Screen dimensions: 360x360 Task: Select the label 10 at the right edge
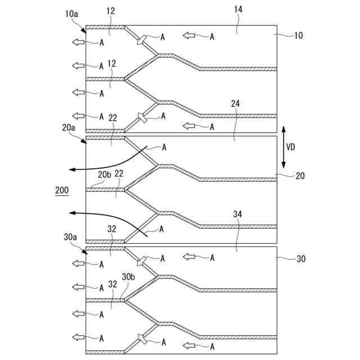[x=298, y=35]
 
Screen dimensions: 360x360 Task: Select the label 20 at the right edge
[x=300, y=176]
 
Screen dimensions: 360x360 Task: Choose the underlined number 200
[x=62, y=191]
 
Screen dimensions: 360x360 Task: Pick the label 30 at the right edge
[x=300, y=259]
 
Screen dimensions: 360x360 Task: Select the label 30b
[x=129, y=276]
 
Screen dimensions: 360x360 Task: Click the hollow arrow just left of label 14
[x=190, y=36]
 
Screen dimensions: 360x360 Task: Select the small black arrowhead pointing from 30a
[x=85, y=252]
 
